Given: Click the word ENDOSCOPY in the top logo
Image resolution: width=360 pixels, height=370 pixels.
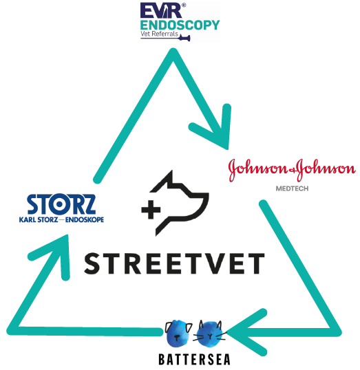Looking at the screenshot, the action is tap(180, 25).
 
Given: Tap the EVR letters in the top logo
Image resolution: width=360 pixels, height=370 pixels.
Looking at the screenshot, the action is tap(161, 10).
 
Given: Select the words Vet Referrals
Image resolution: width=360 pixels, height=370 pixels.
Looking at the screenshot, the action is tap(159, 34).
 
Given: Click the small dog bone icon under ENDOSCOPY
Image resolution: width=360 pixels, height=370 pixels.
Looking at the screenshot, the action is tap(184, 38).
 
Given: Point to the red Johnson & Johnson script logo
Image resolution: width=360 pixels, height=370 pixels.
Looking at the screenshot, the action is tap(292, 170).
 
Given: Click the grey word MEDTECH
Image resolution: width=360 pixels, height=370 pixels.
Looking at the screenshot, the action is tap(293, 188).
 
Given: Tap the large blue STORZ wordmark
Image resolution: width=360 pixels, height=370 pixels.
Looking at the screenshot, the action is tap(61, 204).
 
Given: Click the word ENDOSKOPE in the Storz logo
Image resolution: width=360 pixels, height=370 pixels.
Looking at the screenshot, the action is tap(85, 220).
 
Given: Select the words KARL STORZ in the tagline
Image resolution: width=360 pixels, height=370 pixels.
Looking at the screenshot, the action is tap(39, 220).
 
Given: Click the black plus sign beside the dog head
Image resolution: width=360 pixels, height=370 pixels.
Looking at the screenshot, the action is tap(151, 210).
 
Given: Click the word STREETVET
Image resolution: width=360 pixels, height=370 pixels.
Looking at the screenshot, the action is tap(174, 263).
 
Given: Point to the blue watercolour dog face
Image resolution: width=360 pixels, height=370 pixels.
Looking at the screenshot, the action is tap(178, 333).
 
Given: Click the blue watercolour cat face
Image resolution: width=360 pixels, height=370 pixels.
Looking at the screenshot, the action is tap(210, 334).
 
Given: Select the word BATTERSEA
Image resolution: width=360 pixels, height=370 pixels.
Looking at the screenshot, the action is tap(194, 360).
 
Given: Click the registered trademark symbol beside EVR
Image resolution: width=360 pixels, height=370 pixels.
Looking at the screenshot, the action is tap(184, 5).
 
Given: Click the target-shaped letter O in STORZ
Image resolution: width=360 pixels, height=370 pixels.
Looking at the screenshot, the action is tap(59, 204).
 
